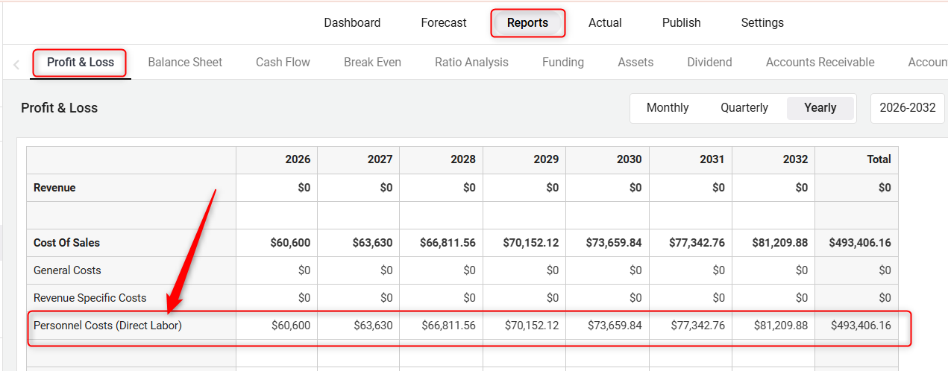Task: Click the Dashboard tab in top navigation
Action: pyautogui.click(x=352, y=22)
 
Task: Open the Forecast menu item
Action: pyautogui.click(x=444, y=22)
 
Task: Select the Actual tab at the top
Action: pyautogui.click(x=605, y=22)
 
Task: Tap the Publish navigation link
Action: pyautogui.click(x=681, y=22)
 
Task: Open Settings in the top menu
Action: pyautogui.click(x=762, y=22)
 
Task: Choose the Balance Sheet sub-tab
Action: pyautogui.click(x=185, y=62)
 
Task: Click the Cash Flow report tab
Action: pyautogui.click(x=283, y=62)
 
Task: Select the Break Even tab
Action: pyautogui.click(x=372, y=62)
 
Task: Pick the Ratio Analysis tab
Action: pyautogui.click(x=471, y=62)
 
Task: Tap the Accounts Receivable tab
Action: pyautogui.click(x=820, y=62)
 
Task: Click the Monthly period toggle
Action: pyautogui.click(x=668, y=107)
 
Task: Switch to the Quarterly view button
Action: pyautogui.click(x=744, y=107)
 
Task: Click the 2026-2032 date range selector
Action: pyautogui.click(x=907, y=107)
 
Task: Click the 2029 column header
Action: pyautogui.click(x=546, y=159)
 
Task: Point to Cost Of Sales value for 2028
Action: pyautogui.click(x=448, y=243)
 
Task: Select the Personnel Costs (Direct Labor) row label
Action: pyautogui.click(x=107, y=325)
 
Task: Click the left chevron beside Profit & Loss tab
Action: pyautogui.click(x=16, y=64)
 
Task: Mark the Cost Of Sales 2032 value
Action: pyautogui.click(x=780, y=243)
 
